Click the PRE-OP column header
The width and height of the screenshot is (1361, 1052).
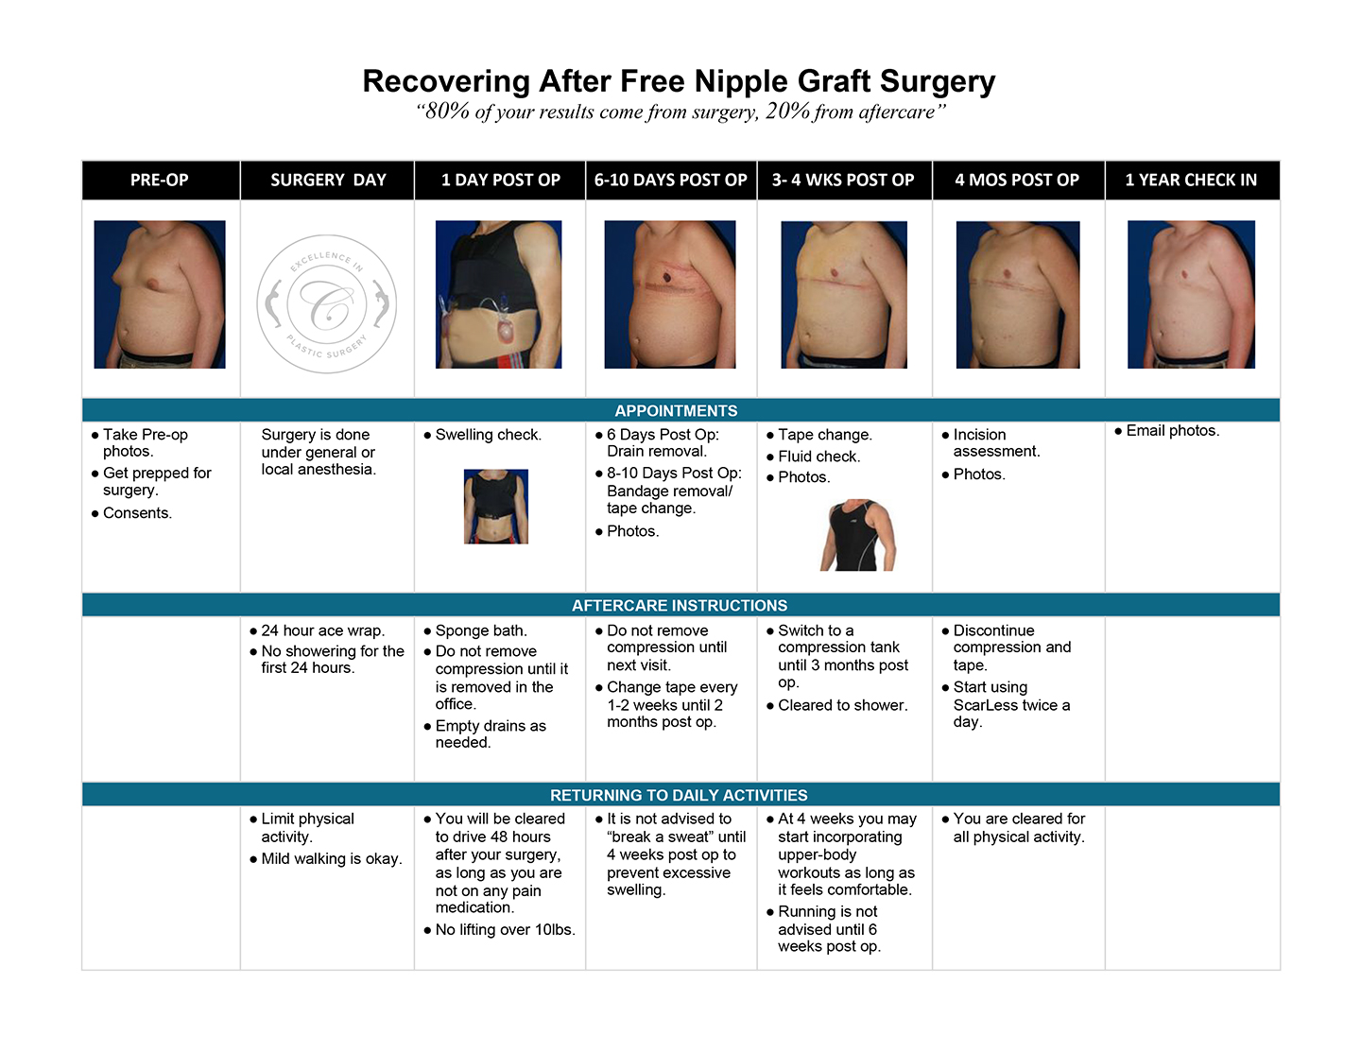(159, 181)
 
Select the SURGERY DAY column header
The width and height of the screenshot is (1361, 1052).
(328, 181)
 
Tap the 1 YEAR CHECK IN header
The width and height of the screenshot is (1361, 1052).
(1191, 181)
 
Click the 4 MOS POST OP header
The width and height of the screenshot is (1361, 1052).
(1017, 181)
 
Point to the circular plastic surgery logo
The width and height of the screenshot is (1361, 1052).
(326, 304)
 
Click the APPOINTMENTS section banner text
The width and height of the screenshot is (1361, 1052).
(676, 411)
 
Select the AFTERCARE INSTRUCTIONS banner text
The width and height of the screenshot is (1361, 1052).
(679, 606)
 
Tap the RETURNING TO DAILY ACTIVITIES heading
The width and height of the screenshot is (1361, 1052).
(679, 795)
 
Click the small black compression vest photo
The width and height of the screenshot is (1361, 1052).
(495, 507)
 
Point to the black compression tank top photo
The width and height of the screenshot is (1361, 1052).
(858, 535)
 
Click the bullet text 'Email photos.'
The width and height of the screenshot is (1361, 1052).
(1173, 431)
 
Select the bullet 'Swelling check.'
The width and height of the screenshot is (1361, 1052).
(488, 435)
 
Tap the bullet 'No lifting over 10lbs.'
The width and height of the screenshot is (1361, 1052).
(505, 930)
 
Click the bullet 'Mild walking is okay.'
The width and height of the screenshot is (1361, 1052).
(332, 858)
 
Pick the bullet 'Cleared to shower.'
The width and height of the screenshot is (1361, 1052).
(842, 705)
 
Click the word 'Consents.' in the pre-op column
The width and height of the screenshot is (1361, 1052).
(137, 513)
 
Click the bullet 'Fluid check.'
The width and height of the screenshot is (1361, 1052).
(818, 457)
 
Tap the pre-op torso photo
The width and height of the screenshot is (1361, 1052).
(160, 294)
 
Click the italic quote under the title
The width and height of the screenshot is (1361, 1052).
(680, 112)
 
